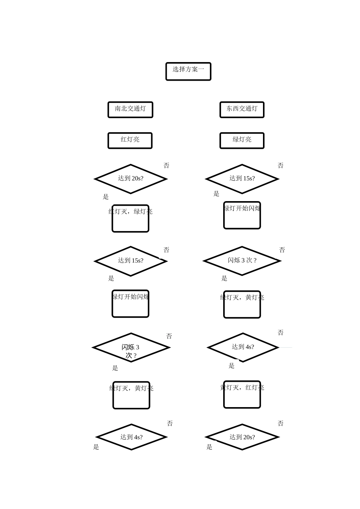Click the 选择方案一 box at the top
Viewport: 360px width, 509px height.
(188, 71)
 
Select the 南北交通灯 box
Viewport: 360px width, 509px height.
(130, 109)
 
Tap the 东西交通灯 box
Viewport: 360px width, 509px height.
(242, 109)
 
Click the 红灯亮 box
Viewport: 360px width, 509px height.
(130, 140)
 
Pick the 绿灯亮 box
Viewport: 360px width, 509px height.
(242, 140)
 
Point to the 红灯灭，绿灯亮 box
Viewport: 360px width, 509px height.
(130, 219)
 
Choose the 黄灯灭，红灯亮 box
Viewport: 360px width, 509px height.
(242, 394)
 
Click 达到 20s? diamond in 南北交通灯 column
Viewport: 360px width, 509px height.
(131, 179)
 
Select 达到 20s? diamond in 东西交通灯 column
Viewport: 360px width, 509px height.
(242, 437)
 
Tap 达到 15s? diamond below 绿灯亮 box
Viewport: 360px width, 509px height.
(242, 179)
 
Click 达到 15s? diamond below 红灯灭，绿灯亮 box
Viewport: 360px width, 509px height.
(131, 261)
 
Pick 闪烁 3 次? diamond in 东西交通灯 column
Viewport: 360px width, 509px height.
(242, 261)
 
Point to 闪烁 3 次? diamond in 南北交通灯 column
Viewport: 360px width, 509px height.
(131, 347)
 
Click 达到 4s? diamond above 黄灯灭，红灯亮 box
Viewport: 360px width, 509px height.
(243, 347)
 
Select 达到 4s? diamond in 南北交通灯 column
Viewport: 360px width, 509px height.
(131, 437)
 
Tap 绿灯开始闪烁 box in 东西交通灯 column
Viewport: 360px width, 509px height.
(242, 215)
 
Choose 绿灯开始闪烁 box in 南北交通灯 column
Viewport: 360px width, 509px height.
(130, 303)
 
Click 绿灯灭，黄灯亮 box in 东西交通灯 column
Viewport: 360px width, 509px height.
(242, 304)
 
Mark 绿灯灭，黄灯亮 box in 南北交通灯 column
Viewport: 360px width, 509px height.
(131, 395)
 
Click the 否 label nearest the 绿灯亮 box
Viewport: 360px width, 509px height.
(280, 166)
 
